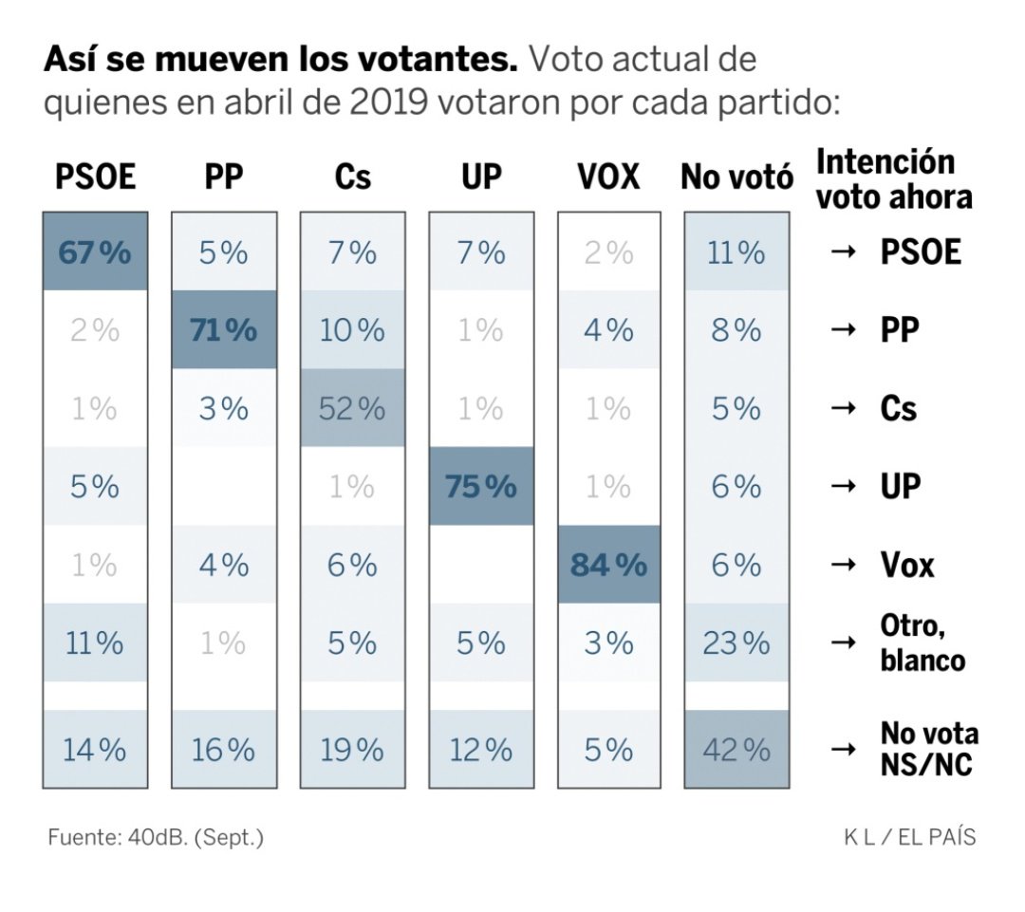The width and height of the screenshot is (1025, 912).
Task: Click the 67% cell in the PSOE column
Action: pos(94,252)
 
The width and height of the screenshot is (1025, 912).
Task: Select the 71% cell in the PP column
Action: pos(223,330)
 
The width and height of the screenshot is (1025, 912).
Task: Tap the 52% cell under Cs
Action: pos(352,408)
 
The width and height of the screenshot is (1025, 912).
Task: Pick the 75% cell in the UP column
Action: pos(480,486)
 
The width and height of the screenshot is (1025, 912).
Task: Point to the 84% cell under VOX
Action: pos(608,565)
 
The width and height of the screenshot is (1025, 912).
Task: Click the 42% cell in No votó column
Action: pos(736,750)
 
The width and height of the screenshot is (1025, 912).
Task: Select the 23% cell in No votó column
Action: pos(736,643)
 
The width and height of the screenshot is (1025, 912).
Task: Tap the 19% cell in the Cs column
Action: pos(352,750)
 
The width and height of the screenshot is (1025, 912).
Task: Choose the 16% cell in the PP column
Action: pos(223,750)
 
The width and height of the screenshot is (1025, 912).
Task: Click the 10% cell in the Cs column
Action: pos(352,330)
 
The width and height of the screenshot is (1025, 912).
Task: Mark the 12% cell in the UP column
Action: pos(480,750)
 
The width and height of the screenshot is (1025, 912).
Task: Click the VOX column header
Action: pos(608,177)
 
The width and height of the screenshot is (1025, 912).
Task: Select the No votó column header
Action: pos(736,177)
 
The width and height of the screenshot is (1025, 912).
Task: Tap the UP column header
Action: pos(480,177)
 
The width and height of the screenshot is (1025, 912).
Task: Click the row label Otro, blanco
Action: pos(922,643)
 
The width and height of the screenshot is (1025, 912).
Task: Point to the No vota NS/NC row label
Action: pos(928,750)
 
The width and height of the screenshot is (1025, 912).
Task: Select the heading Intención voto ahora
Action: pos(894,178)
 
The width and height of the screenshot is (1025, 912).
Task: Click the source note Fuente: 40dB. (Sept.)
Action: pos(155,838)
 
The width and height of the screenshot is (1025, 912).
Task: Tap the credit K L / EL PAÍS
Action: pos(909,838)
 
